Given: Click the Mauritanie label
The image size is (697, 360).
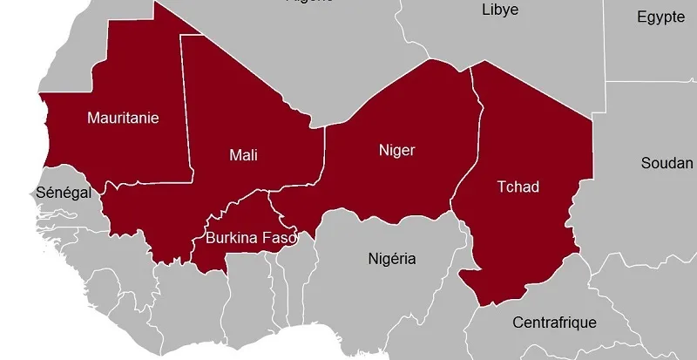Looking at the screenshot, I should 123,118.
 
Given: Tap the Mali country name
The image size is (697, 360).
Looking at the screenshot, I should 243,155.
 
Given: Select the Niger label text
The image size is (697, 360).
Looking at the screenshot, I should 396,150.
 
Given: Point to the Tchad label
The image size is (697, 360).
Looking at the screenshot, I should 518,187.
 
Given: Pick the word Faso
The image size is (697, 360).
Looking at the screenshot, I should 279,236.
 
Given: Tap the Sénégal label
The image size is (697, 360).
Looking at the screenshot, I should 63,193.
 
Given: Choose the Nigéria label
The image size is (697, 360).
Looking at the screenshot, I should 392,258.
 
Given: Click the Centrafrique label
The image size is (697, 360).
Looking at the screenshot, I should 555,323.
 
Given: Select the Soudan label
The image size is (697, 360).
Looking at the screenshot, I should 667,163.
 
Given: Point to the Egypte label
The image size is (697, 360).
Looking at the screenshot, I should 660,17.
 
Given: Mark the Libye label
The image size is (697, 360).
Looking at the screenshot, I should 500,10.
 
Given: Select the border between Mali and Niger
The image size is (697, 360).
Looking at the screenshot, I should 324,153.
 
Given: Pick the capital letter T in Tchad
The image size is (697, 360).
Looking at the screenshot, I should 501,187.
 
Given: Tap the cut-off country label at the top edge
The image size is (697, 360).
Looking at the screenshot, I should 309,2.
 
